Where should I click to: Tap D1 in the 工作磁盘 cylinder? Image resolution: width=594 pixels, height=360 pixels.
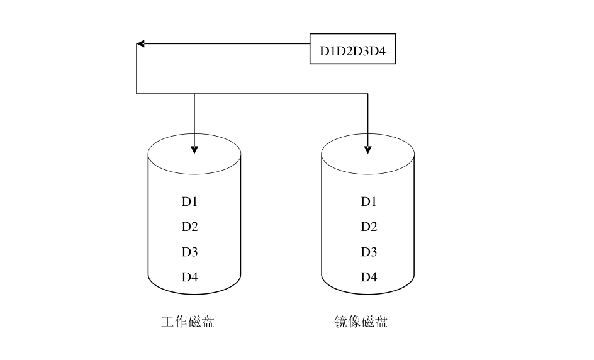tap(190, 201)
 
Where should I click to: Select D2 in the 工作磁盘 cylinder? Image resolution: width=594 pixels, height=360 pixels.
tap(190, 227)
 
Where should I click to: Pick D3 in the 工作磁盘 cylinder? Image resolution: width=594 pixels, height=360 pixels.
tap(190, 252)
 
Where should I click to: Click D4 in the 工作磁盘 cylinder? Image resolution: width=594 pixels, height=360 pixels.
tap(190, 277)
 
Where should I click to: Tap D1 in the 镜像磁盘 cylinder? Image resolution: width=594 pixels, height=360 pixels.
tap(369, 201)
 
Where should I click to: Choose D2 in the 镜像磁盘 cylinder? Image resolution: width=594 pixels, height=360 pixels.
tap(369, 227)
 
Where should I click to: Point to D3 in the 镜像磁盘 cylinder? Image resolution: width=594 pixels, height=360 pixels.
tap(369, 252)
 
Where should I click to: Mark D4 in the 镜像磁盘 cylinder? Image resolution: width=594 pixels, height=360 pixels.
tap(369, 277)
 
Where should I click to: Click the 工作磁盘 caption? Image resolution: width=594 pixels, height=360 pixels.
tap(188, 322)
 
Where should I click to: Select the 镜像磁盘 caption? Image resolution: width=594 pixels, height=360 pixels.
tap(361, 322)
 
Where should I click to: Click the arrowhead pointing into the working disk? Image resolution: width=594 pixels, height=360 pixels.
tap(194, 150)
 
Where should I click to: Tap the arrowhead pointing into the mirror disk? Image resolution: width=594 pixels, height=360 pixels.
tap(368, 150)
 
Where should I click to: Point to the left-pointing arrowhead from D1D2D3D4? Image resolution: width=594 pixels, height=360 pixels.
tap(141, 43)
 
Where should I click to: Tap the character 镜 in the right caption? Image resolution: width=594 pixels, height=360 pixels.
tap(341, 322)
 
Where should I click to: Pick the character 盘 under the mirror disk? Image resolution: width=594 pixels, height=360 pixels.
tap(381, 322)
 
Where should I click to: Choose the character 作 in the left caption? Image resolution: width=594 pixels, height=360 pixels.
tap(181, 322)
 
